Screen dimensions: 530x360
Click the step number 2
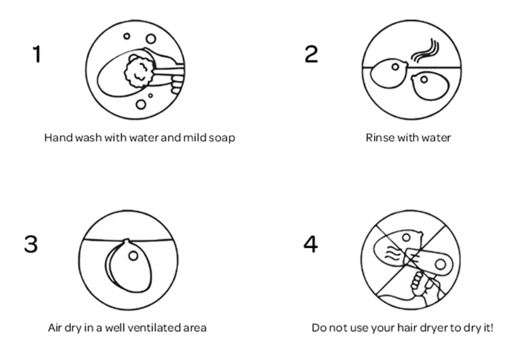[311, 54]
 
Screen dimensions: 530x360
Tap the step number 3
[31, 244]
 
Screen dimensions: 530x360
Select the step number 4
[311, 244]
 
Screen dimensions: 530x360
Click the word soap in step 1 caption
[222, 138]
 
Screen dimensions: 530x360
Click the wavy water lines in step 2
[425, 51]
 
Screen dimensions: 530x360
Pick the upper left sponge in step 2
[388, 73]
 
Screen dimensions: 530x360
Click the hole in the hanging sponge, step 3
[133, 256]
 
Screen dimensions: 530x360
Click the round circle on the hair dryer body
[440, 264]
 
